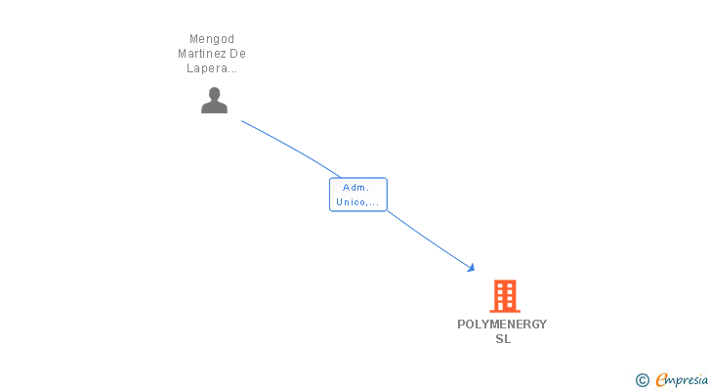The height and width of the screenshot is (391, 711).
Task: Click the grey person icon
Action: [x=215, y=101]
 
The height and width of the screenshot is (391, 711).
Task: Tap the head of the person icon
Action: [x=215, y=94]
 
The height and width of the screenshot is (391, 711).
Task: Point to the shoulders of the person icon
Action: [x=215, y=108]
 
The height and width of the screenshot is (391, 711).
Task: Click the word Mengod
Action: [x=212, y=39]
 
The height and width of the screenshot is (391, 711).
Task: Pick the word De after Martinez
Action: [x=237, y=54]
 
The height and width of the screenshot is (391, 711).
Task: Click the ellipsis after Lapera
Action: [x=232, y=71]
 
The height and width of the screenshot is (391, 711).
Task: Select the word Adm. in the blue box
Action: [x=355, y=188]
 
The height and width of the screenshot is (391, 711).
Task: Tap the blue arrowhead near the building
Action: [x=471, y=268]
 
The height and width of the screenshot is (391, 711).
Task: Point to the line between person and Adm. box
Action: [x=292, y=148]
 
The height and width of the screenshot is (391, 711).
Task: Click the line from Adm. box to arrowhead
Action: [x=430, y=239]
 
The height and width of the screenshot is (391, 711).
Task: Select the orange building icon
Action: [x=505, y=296]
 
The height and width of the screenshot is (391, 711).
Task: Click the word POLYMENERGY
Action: [x=502, y=325]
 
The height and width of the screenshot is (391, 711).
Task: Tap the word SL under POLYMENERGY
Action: [x=503, y=339]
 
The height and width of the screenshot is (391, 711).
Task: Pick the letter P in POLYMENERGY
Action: [x=462, y=325]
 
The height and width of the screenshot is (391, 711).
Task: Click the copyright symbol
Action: [x=643, y=380]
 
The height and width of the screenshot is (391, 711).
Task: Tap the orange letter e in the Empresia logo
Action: [x=662, y=379]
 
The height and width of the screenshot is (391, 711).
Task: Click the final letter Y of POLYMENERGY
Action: [x=543, y=325]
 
